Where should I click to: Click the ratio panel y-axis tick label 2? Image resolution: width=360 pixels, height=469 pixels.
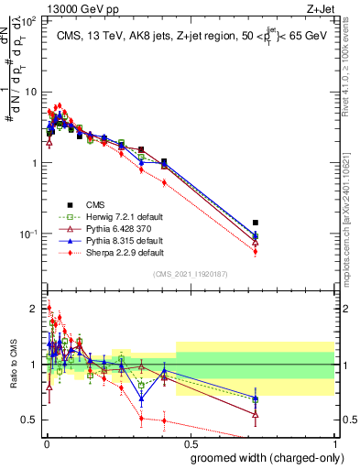point(33,308)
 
